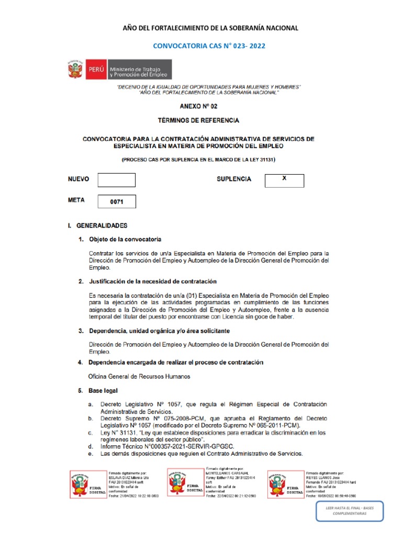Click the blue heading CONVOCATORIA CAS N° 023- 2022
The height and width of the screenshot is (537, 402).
pos(209,46)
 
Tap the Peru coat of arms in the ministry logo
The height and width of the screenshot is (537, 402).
pos(75,70)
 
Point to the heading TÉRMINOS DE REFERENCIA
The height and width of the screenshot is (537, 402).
pos(198,120)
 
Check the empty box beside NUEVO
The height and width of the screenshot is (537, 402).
pos(116,180)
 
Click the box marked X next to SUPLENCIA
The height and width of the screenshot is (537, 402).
pos(284,180)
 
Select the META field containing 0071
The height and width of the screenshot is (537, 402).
pos(116,201)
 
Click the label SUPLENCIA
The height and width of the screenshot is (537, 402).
pos(234,179)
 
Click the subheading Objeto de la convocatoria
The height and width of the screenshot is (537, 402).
pos(125,240)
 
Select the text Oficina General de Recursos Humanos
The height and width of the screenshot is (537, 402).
pos(139,377)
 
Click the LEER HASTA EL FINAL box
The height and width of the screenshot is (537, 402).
pos(349,511)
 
